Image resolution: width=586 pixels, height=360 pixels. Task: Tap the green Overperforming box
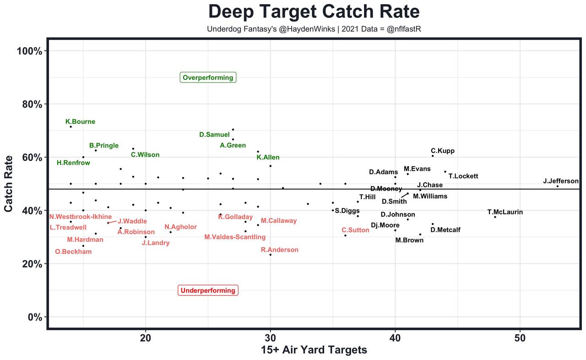[x=208, y=78]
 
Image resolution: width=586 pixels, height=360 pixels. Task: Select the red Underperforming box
[x=208, y=290]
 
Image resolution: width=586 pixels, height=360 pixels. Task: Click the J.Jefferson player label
[x=561, y=181]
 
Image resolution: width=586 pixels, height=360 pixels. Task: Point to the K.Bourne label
[x=80, y=122]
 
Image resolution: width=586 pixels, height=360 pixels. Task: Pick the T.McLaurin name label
[x=505, y=212]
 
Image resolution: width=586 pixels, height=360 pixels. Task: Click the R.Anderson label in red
[x=279, y=250]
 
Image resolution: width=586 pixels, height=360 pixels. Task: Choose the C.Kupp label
[x=443, y=151]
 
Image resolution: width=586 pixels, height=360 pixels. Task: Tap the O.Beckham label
[x=73, y=251]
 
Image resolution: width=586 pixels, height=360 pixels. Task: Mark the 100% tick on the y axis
[x=29, y=51]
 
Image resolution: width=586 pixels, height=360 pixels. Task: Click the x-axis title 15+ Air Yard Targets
[x=314, y=350]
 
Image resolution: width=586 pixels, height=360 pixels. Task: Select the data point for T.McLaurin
[x=495, y=217]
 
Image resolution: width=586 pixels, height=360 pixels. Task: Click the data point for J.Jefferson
[x=557, y=186]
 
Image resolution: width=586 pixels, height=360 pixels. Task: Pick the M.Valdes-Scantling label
[x=235, y=237]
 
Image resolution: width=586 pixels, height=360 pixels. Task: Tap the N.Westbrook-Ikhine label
[x=81, y=217]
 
